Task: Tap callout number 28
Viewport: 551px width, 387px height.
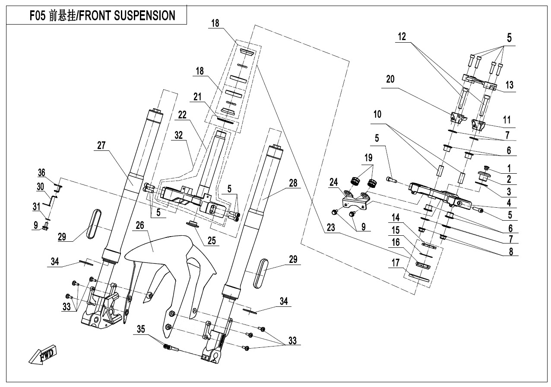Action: point(293,183)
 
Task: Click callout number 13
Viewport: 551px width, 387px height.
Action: point(510,85)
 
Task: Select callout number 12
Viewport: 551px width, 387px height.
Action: point(402,37)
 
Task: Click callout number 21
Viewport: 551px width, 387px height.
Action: point(197,98)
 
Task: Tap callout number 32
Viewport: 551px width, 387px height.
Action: point(179,135)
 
